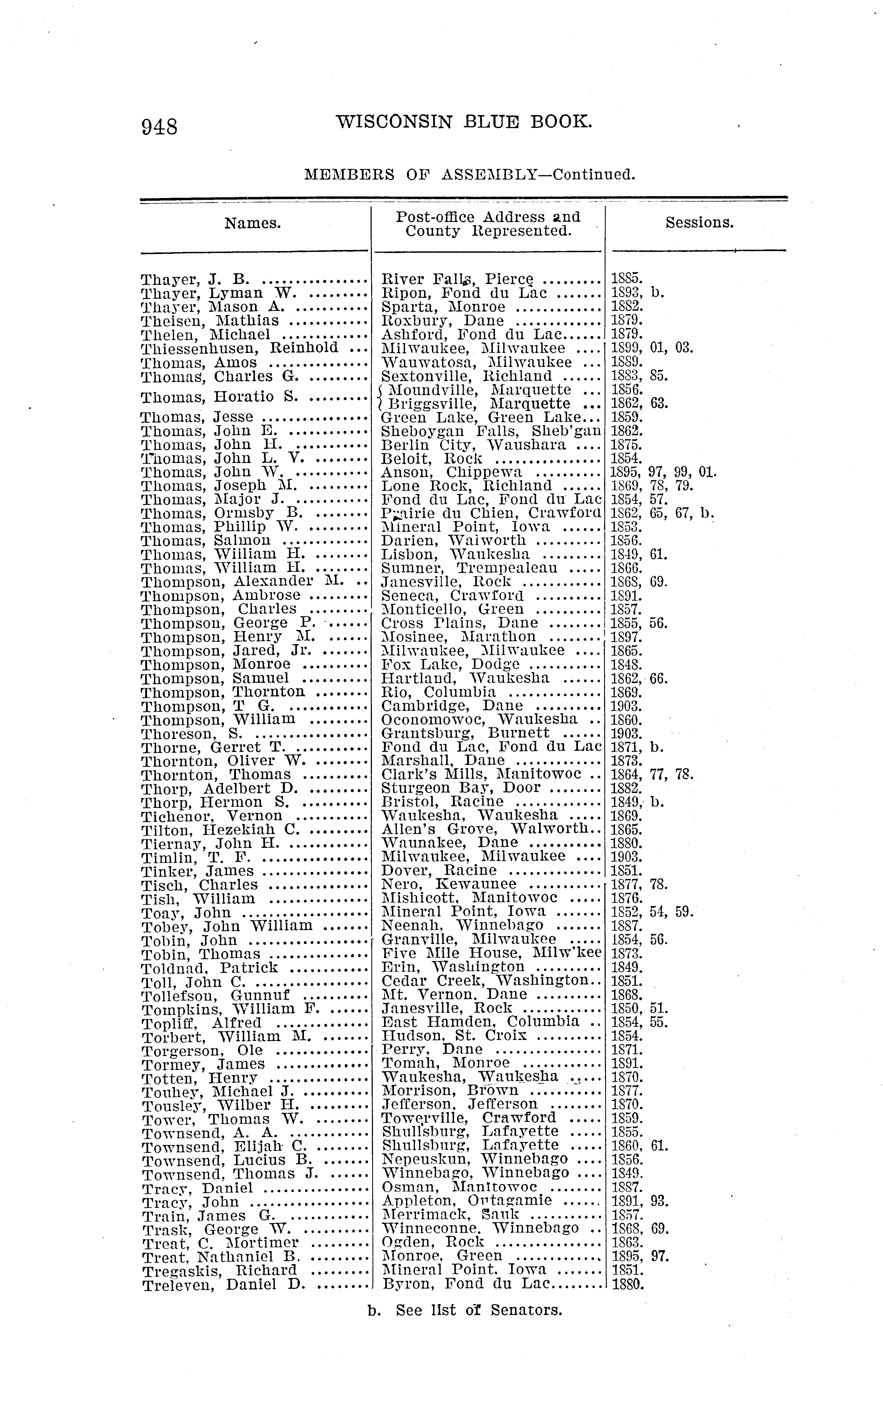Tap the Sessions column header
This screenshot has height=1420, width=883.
click(699, 223)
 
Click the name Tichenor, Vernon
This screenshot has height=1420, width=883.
click(212, 816)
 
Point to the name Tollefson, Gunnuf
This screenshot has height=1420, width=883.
click(216, 995)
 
